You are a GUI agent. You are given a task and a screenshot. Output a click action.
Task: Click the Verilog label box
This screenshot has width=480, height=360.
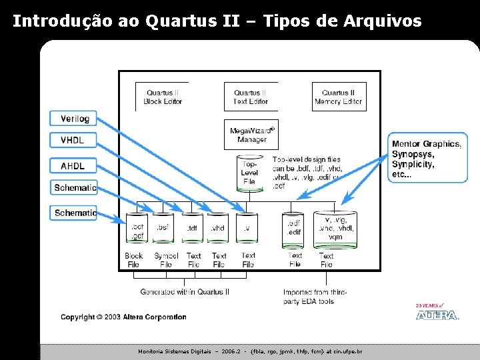click(74, 118)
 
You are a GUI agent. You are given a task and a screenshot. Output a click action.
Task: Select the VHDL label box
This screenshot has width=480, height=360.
click(74, 141)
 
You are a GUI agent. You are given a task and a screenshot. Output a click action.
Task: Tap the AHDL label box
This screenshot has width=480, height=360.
click(74, 165)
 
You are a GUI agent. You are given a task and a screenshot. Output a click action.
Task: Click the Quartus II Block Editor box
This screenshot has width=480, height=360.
click(163, 97)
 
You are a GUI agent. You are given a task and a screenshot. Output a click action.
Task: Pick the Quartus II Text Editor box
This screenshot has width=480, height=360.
click(251, 97)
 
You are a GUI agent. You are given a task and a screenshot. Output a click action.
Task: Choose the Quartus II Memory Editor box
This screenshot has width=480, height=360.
click(338, 97)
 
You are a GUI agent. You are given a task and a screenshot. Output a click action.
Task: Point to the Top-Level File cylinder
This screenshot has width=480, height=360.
click(249, 172)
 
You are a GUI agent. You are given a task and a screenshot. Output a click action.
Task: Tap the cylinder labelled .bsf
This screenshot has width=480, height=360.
click(163, 228)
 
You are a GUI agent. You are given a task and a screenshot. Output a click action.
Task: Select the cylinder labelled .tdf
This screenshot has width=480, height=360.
click(192, 228)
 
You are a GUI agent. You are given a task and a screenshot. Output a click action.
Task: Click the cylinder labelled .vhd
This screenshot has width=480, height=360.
click(218, 228)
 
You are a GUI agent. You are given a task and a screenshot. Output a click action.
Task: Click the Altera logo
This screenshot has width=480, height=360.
click(436, 314)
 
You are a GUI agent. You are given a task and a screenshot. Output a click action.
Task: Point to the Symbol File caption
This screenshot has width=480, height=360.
click(166, 260)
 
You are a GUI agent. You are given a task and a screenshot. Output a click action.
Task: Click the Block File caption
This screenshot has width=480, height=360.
click(134, 260)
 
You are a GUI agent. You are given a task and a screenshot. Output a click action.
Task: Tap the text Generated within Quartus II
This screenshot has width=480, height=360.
click(185, 292)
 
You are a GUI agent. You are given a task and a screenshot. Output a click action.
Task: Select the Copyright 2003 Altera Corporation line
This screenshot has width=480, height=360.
click(123, 317)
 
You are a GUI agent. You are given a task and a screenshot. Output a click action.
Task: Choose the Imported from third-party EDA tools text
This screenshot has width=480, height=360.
click(314, 297)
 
